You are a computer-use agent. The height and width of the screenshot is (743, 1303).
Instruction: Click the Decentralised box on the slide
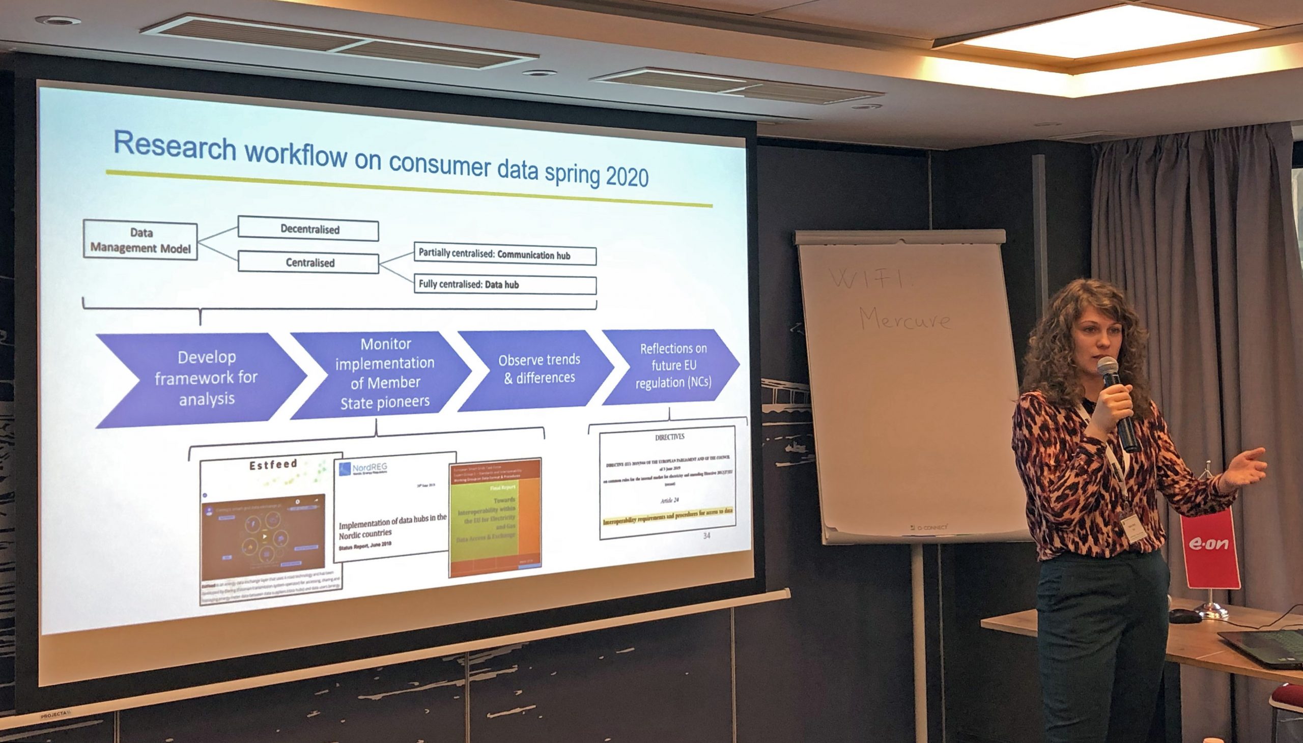pos(308,230)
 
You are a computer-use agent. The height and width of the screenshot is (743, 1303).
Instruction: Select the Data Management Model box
pos(140,240)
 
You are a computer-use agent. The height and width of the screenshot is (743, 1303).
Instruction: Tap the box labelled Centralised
pos(308,263)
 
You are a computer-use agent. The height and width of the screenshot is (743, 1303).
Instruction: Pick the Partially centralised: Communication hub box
pos(504,254)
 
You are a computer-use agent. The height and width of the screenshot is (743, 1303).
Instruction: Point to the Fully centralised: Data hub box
pos(504,285)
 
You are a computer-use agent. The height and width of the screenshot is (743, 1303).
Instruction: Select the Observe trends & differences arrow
pos(539,368)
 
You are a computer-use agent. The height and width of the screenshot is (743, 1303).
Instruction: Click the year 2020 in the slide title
pos(627,177)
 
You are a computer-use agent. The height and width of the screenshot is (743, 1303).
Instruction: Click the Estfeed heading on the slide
pos(272,465)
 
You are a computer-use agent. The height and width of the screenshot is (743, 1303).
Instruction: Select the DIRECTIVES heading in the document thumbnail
pos(669,437)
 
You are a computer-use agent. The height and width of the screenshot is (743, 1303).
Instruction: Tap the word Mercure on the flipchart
pos(905,319)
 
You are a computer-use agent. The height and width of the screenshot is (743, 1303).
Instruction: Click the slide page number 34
pos(706,535)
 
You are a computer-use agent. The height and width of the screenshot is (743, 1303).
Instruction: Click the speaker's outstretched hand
pos(1245,467)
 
